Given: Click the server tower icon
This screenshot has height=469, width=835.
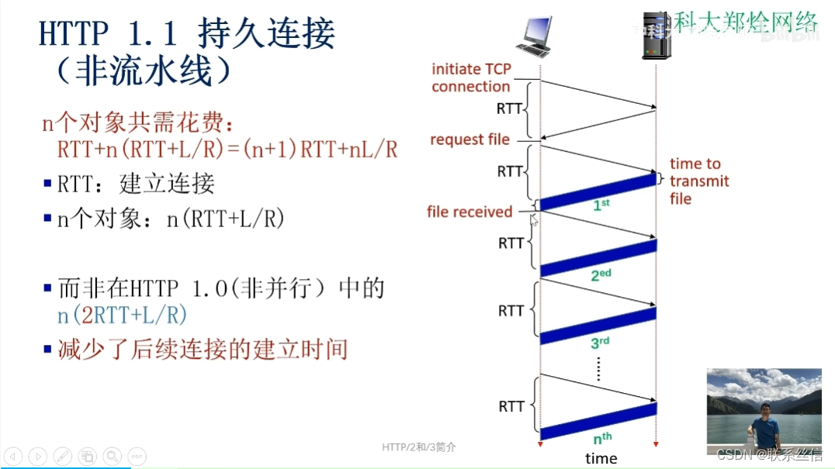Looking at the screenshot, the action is pyautogui.click(x=655, y=36).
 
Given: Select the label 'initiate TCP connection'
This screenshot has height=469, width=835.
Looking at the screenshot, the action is pyautogui.click(x=471, y=78).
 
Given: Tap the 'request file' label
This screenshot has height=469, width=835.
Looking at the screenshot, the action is pyautogui.click(x=469, y=140).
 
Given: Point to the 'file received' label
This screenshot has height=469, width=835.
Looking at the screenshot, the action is pyautogui.click(x=469, y=212).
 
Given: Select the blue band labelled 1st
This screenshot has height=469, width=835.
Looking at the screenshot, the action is pyautogui.click(x=598, y=192).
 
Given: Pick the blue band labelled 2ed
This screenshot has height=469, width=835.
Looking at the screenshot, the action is pyautogui.click(x=598, y=258).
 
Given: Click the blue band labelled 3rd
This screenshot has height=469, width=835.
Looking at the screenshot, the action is pyautogui.click(x=598, y=326).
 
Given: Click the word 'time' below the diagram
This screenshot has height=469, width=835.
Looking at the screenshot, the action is pyautogui.click(x=601, y=458).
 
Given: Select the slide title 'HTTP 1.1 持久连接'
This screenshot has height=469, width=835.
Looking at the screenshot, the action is pyautogui.click(x=187, y=35).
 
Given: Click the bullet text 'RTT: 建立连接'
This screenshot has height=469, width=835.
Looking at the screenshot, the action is pyautogui.click(x=136, y=184).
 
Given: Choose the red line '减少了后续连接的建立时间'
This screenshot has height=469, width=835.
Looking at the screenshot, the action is pyautogui.click(x=202, y=350).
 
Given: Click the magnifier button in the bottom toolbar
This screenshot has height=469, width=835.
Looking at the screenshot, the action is pyautogui.click(x=113, y=456).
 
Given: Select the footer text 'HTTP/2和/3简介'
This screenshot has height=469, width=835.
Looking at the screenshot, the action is pyautogui.click(x=420, y=447).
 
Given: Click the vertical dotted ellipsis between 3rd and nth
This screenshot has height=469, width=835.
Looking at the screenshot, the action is pyautogui.click(x=599, y=370).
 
